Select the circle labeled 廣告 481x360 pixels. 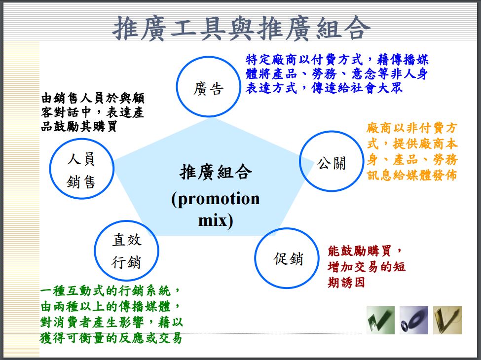pyautogui.click(x=208, y=87)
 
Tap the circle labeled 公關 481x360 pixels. pyautogui.click(x=331, y=161)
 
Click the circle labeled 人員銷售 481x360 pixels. pyautogui.click(x=82, y=170)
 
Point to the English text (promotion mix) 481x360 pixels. pyautogui.click(x=215, y=209)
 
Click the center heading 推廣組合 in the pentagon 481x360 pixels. pyautogui.click(x=216, y=172)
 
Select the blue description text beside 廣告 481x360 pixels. pyautogui.click(x=337, y=74)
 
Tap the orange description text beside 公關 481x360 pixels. pyautogui.click(x=412, y=152)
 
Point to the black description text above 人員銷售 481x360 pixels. pyautogui.click(x=93, y=112)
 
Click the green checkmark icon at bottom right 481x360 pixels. pyautogui.click(x=380, y=320)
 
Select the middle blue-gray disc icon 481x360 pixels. pyautogui.click(x=413, y=320)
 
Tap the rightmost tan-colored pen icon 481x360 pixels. pyautogui.click(x=447, y=320)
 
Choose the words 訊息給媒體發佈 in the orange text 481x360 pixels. pyautogui.click(x=412, y=175)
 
